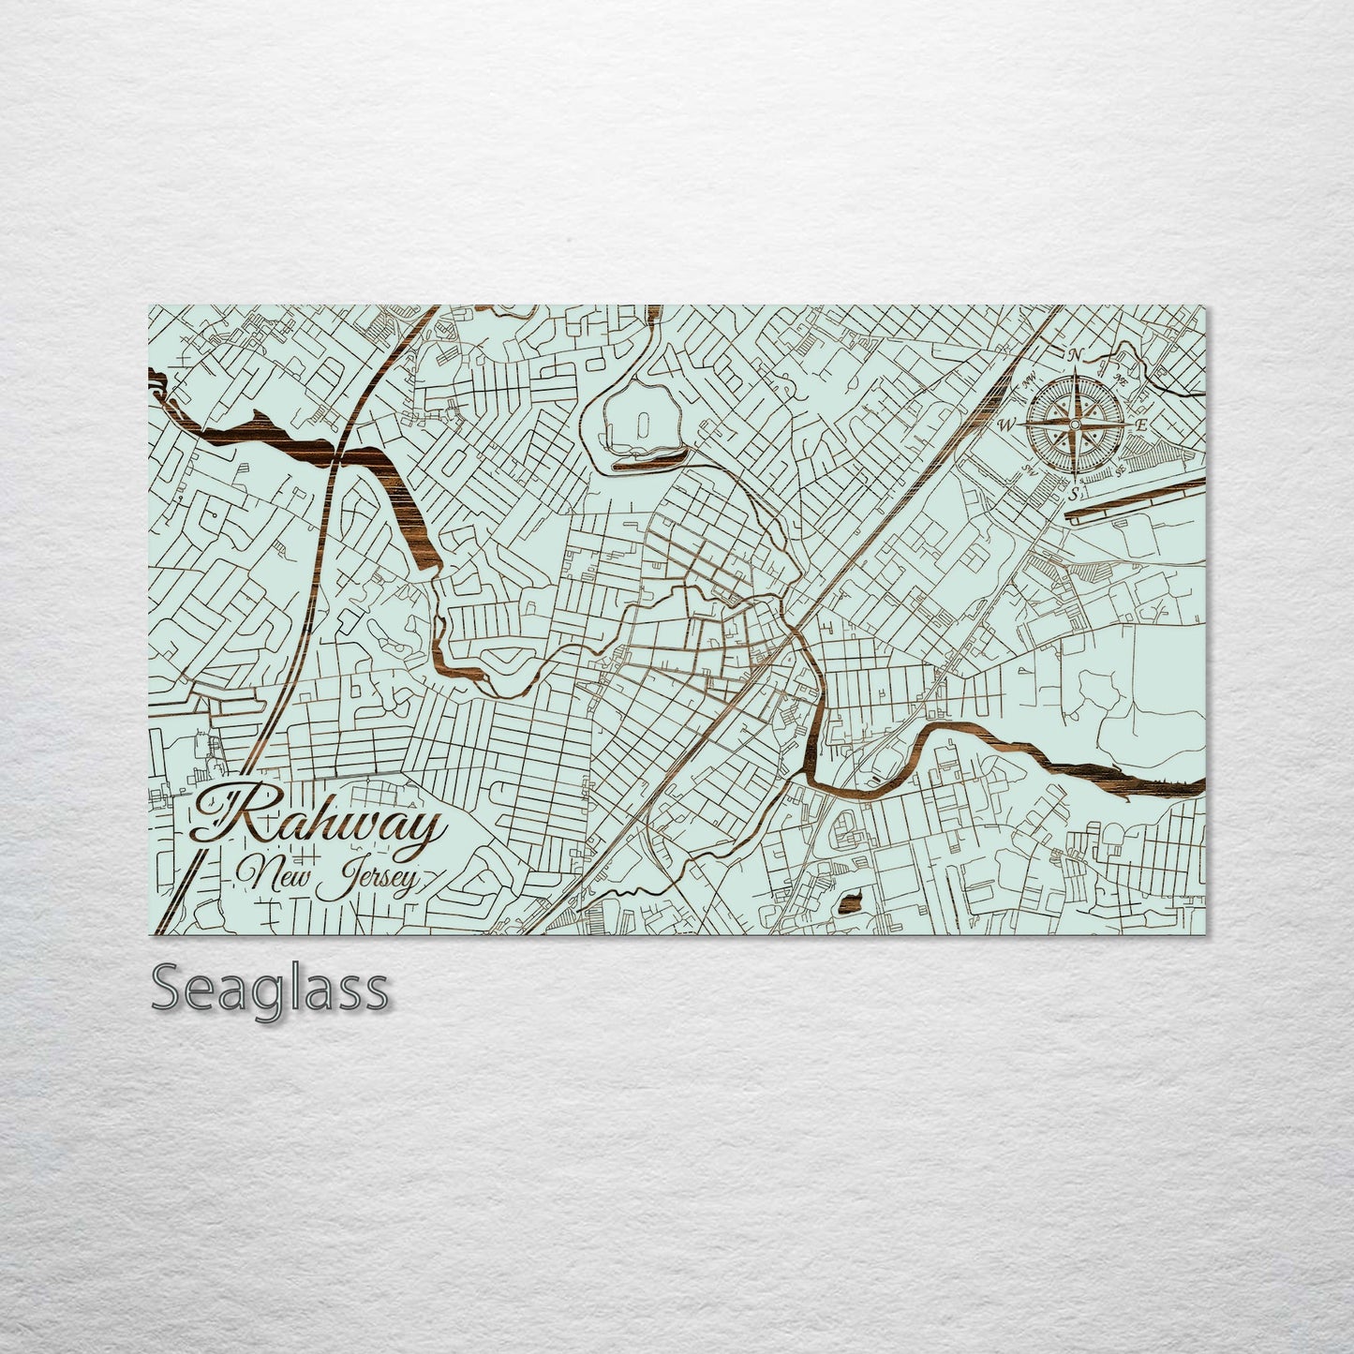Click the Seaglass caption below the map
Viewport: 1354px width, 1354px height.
(x=269, y=989)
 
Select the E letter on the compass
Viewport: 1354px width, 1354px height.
(x=1141, y=424)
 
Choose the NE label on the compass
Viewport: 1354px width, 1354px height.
(x=1121, y=380)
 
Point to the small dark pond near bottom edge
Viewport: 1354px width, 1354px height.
(x=851, y=903)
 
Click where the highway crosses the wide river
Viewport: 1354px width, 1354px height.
(x=339, y=456)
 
